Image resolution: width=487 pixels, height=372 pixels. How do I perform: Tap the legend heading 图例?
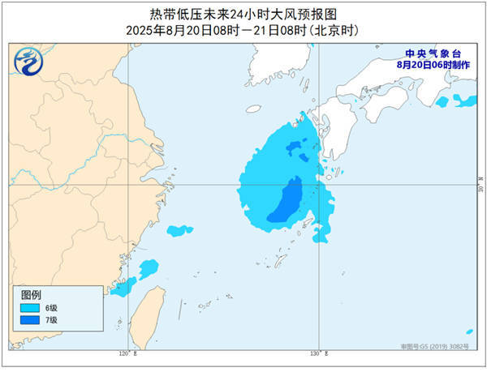[31, 294]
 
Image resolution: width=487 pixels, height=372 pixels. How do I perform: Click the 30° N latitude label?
[479, 187]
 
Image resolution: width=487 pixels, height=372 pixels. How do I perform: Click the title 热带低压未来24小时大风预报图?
[243, 14]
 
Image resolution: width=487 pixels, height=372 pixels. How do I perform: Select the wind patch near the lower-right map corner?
[469, 331]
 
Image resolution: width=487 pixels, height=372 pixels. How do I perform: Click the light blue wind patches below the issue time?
[456, 100]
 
